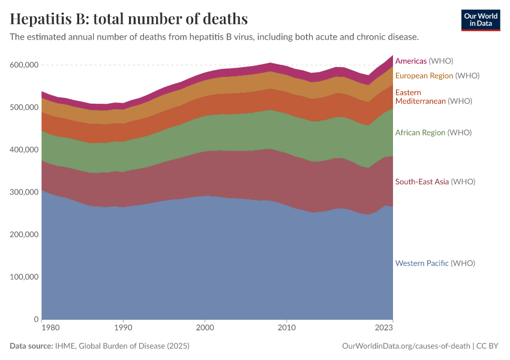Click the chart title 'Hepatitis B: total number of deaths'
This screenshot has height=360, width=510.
[129, 19]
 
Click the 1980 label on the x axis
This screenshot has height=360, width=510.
[50, 328]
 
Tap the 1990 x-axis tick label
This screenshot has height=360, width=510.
[123, 328]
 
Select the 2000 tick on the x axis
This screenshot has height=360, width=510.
[205, 328]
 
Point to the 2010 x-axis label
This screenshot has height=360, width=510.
[287, 328]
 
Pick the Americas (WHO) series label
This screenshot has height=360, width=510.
[424, 61]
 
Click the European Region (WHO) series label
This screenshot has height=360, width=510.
[437, 76]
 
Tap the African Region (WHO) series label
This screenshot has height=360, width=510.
[434, 133]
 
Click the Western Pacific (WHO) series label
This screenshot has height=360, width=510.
[435, 263]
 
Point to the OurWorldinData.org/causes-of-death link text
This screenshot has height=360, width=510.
[406, 346]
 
